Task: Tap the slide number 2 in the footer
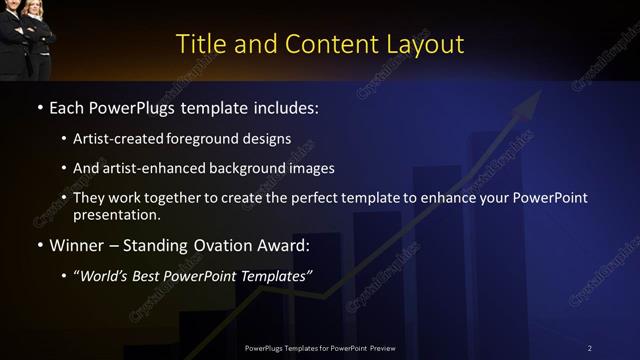pyautogui.click(x=589, y=348)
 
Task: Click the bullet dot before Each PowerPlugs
pyautogui.click(x=39, y=107)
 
